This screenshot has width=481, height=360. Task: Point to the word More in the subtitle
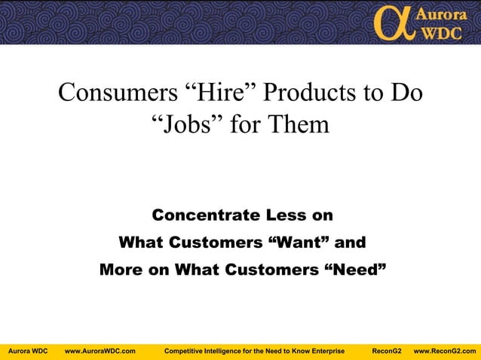click(121, 269)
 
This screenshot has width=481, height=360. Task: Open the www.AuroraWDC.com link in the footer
click(100, 351)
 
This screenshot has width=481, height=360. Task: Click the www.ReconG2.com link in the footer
click(445, 351)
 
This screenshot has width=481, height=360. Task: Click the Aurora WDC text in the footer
click(28, 351)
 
